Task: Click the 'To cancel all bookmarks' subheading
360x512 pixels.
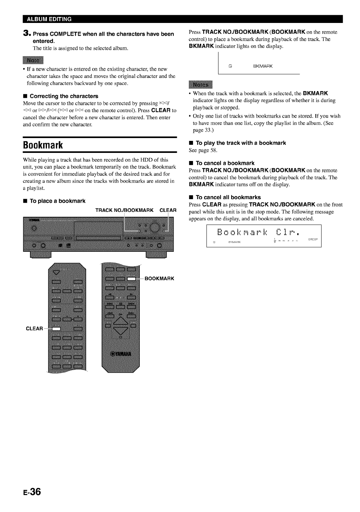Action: [x=228, y=197]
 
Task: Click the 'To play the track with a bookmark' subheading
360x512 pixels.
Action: [x=240, y=143]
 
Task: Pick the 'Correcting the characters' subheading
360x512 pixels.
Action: [x=64, y=96]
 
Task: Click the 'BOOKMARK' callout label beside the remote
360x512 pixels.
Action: [x=159, y=279]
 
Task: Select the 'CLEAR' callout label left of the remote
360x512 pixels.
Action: [x=34, y=329]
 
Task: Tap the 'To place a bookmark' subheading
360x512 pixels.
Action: [x=57, y=201]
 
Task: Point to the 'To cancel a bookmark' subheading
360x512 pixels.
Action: [x=225, y=163]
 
